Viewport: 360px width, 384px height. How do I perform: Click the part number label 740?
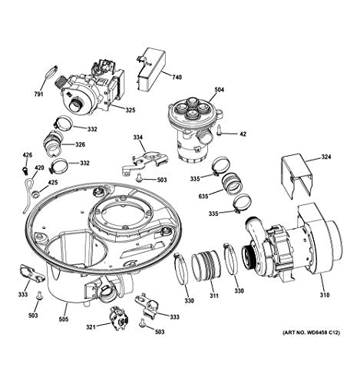(177, 78)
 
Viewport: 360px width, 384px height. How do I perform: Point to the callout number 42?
(243, 134)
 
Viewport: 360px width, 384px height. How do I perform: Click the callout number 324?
(325, 157)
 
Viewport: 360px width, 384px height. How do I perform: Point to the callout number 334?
(138, 138)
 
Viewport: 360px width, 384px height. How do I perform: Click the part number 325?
(130, 111)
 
